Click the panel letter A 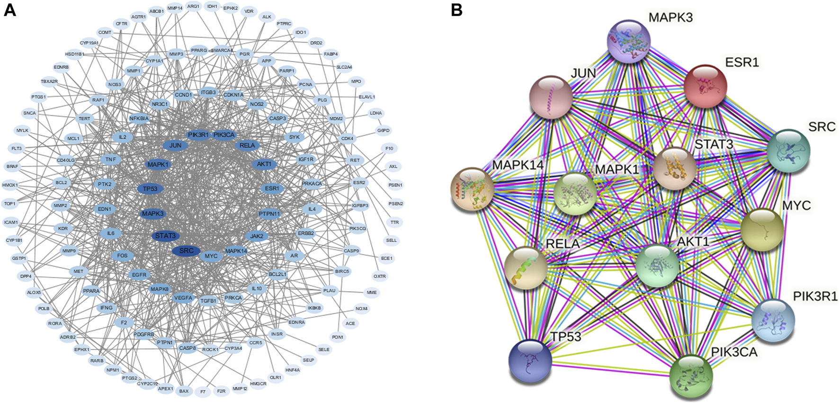click(x=9, y=10)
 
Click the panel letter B click(x=456, y=10)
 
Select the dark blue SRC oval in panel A click(x=186, y=251)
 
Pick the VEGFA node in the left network click(x=183, y=298)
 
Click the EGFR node click(x=139, y=275)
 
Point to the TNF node click(x=110, y=160)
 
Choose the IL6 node click(x=110, y=233)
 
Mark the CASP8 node click(x=187, y=348)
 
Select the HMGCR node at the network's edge click(x=258, y=384)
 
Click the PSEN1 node click(x=395, y=185)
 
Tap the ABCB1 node click(x=156, y=11)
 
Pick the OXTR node click(x=380, y=276)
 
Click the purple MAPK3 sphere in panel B click(x=629, y=42)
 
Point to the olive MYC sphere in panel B click(x=762, y=230)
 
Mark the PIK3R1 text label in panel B click(x=815, y=296)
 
